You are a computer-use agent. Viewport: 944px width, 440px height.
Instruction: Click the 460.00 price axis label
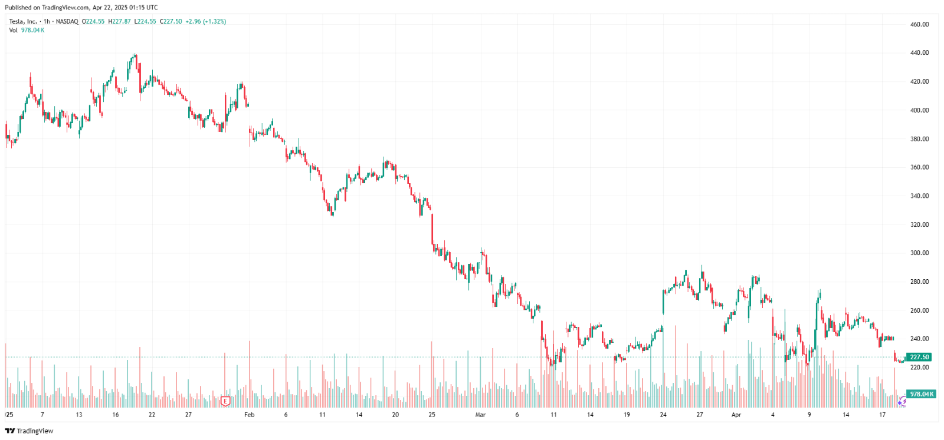pos(919,24)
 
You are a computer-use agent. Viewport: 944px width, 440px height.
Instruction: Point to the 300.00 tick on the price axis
pos(919,253)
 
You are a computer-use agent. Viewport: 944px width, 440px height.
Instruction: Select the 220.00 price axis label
pos(919,367)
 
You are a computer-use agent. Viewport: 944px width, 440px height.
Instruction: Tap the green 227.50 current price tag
pos(919,357)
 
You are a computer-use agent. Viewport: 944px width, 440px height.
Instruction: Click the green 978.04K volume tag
pos(921,394)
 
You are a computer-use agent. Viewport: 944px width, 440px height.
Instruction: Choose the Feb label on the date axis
pos(250,415)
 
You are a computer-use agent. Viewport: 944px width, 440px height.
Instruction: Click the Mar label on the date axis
pos(480,415)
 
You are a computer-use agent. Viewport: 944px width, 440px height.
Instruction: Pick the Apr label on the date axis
pos(736,415)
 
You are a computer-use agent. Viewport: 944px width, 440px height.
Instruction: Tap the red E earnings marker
pos(225,401)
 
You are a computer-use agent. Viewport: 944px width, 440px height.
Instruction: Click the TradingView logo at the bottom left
pos(29,431)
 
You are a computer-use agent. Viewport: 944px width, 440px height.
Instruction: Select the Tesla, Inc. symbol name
pos(23,21)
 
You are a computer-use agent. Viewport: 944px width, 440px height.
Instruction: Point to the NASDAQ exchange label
pos(67,21)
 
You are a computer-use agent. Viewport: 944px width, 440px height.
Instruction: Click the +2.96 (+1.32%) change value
pos(205,21)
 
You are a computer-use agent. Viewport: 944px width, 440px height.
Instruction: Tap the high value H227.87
pos(119,21)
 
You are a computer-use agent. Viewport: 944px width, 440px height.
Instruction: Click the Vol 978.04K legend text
pos(27,30)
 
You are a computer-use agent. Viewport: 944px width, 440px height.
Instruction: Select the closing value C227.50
pos(171,21)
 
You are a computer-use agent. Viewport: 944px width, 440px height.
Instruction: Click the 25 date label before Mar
pos(432,415)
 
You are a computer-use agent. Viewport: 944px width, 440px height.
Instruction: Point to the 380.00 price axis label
pos(919,139)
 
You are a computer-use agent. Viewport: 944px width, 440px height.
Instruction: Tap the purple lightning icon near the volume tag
pos(902,402)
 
